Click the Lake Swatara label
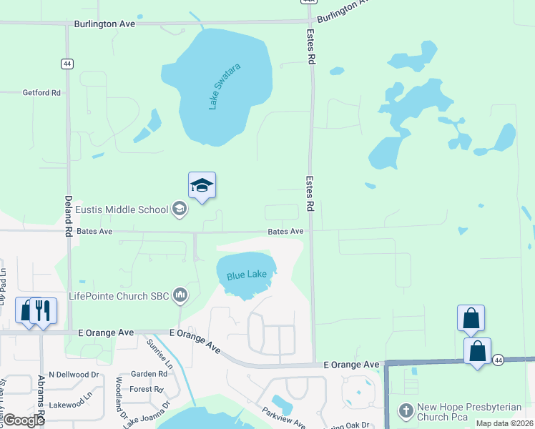(x=224, y=87)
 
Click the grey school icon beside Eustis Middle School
(x=180, y=209)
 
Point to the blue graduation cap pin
(x=202, y=186)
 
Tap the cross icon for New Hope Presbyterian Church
(x=406, y=410)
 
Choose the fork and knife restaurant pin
(x=42, y=310)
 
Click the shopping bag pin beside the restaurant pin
(x=26, y=310)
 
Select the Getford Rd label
(x=41, y=93)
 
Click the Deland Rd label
(x=69, y=217)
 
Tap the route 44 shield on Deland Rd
(x=67, y=64)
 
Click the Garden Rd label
(x=148, y=374)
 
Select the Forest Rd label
(x=147, y=390)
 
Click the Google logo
(x=24, y=420)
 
